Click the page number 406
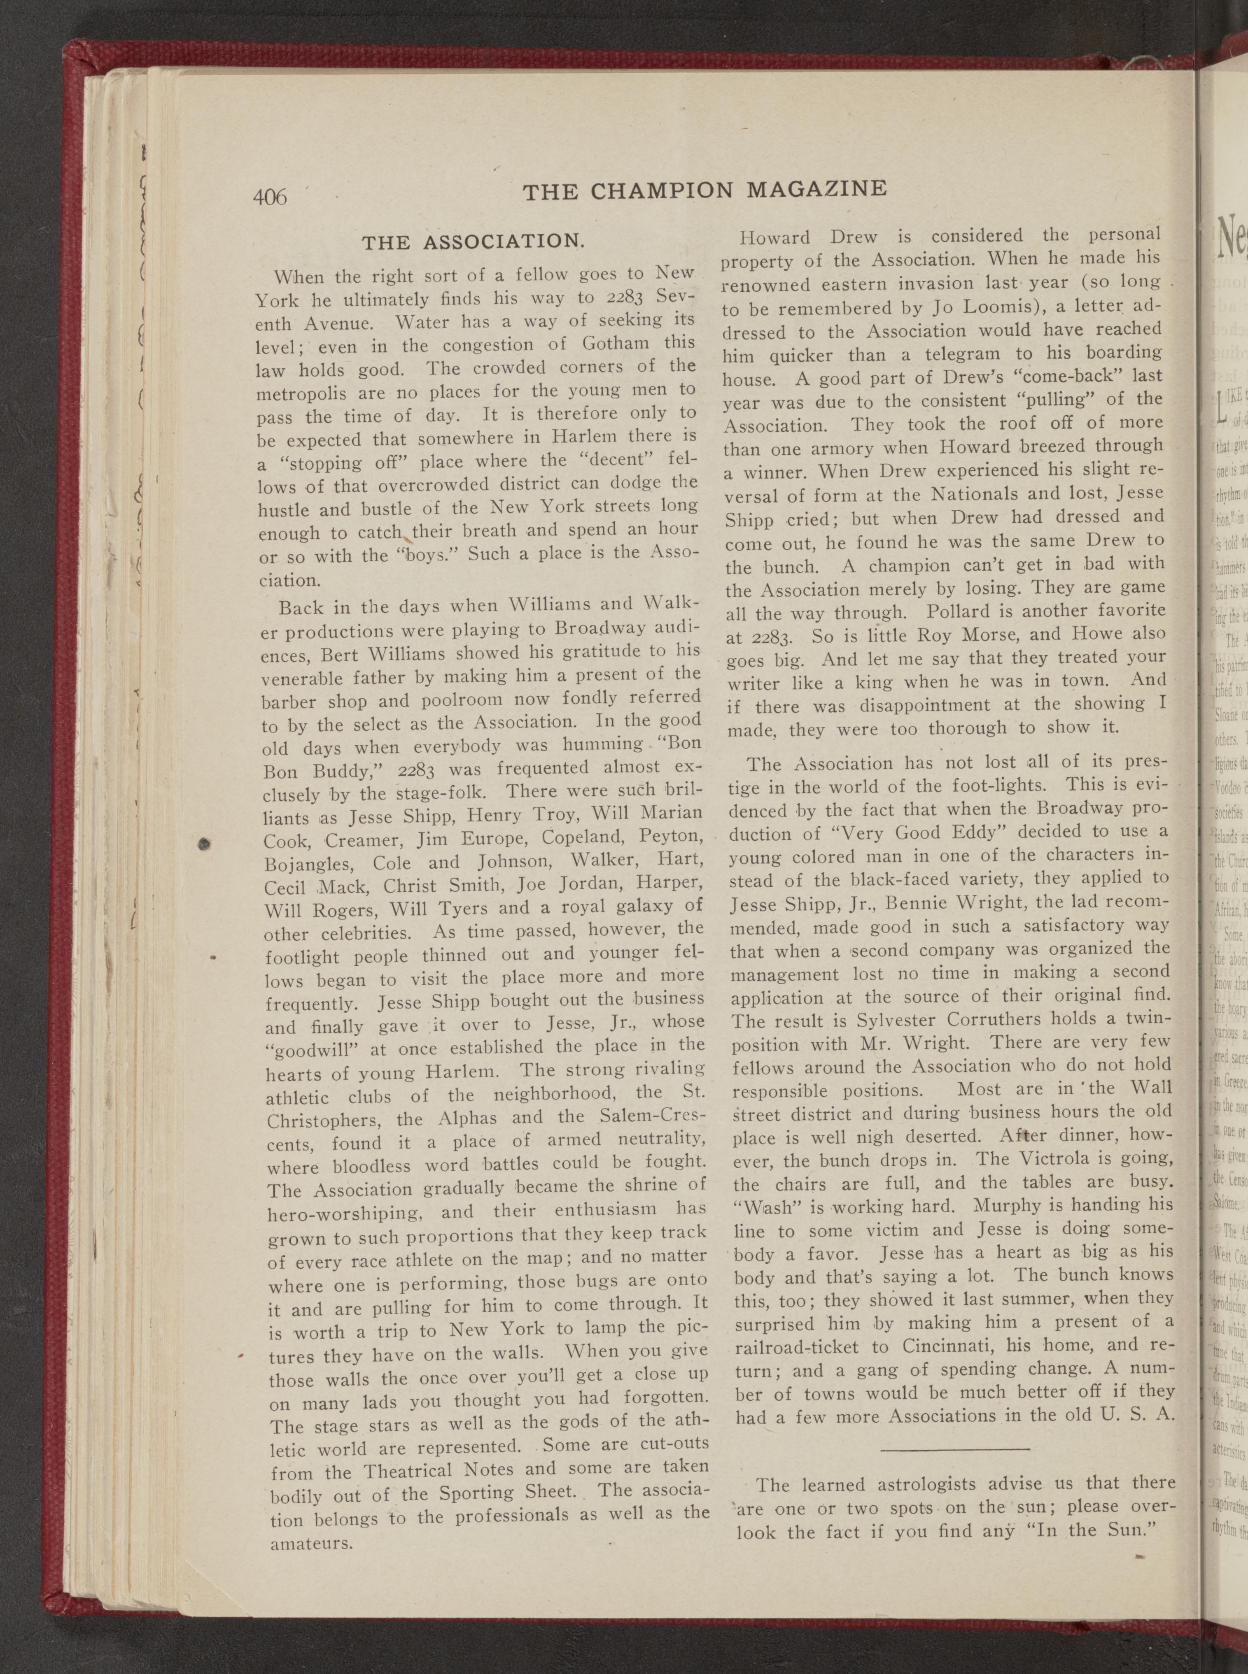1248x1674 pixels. tap(270, 197)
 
